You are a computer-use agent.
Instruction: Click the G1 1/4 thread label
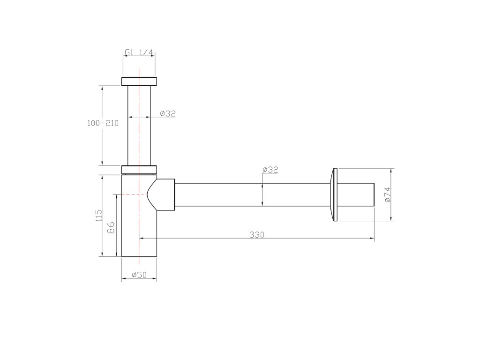(x=139, y=52)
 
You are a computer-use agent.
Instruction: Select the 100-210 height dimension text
(x=103, y=123)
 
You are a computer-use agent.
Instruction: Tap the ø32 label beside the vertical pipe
(x=168, y=113)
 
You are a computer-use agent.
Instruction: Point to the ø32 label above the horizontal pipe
(x=270, y=170)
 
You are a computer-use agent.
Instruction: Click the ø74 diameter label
(x=387, y=195)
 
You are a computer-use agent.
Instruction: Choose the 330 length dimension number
(x=256, y=235)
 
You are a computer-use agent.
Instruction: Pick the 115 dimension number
(x=99, y=216)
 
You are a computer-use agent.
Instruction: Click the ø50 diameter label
(x=139, y=275)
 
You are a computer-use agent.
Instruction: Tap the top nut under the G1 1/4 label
(x=139, y=82)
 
